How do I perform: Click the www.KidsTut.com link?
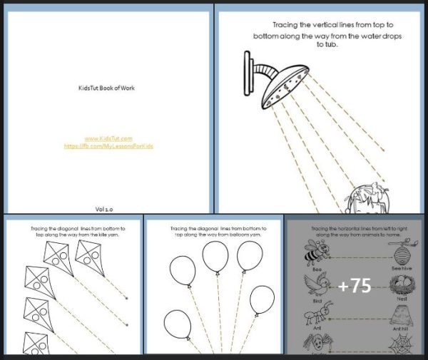pos(108,138)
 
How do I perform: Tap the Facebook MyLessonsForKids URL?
pos(108,145)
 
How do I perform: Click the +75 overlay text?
pos(355,286)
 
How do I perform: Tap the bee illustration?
pos(316,252)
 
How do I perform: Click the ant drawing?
pos(316,319)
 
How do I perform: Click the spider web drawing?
pos(401,346)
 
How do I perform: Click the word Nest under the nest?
pos(402,300)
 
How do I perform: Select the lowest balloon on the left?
pos(176,324)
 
